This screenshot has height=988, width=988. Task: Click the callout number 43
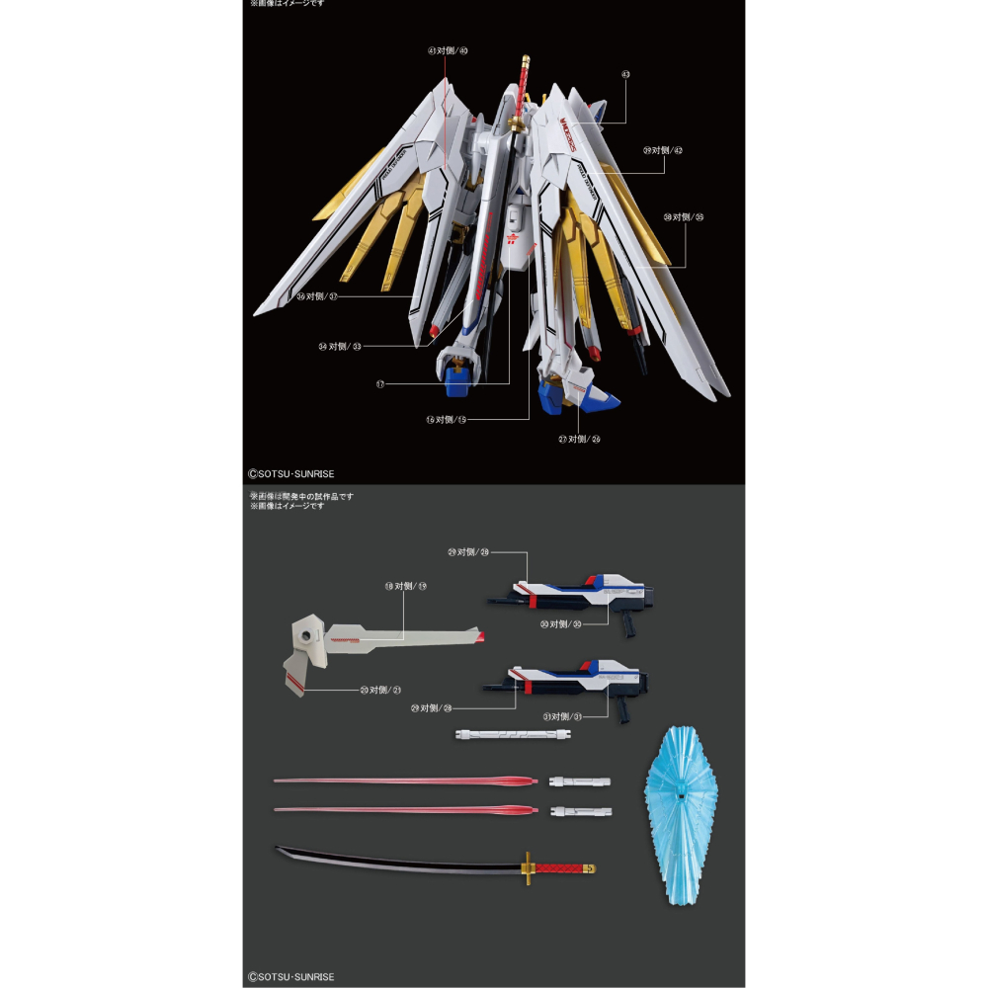point(625,73)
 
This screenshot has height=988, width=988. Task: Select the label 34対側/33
point(340,346)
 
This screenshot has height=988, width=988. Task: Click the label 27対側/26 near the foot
point(578,439)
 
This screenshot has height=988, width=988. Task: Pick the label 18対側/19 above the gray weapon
point(405,586)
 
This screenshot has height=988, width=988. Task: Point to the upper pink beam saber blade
point(405,782)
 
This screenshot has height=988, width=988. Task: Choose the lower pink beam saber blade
point(405,810)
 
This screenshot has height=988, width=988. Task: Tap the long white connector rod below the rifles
point(515,734)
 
